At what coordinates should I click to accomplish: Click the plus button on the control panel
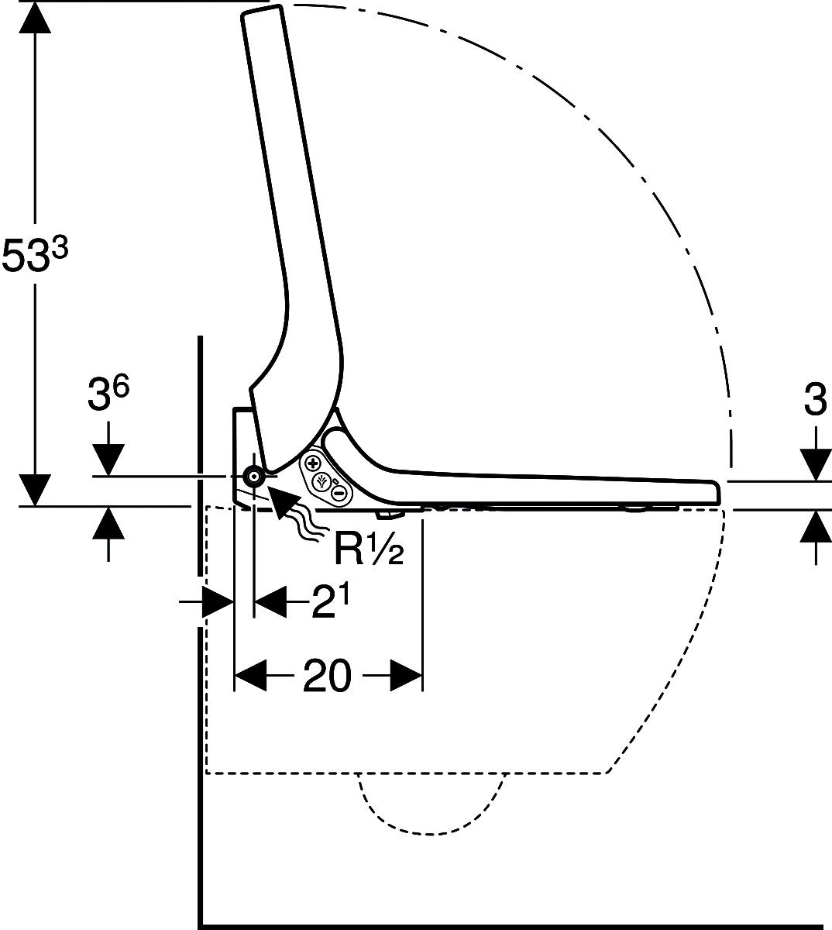(313, 463)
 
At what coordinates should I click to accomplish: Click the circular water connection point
(253, 477)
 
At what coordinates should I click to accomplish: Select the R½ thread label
(369, 549)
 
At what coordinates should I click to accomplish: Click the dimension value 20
(327, 676)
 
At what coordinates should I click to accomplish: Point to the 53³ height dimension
(35, 255)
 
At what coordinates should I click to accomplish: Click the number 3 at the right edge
(816, 399)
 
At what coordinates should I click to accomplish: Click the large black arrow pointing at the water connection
(284, 501)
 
